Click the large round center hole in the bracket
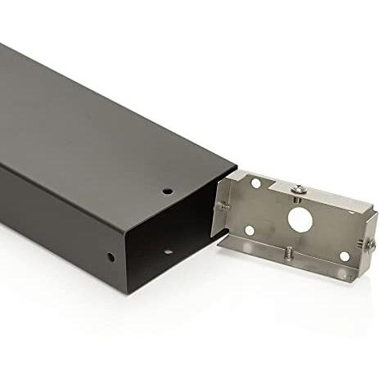299,219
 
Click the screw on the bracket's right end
371,243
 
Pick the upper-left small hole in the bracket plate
255,184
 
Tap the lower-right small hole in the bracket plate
345,256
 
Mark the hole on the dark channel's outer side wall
112,257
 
